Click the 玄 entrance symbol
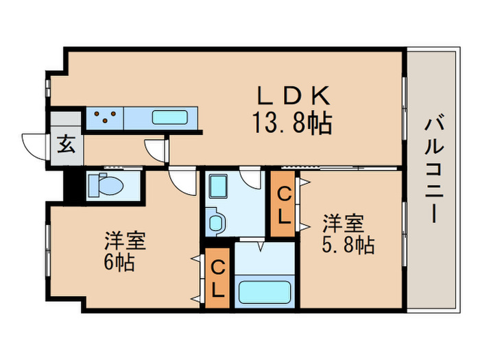(x=66, y=145)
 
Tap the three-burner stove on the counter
(x=105, y=117)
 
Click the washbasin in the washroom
(x=216, y=222)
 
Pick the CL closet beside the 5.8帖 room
(x=285, y=204)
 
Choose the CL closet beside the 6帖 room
(x=217, y=278)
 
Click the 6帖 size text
(x=119, y=263)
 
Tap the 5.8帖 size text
(x=348, y=245)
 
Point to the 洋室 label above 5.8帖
(x=343, y=224)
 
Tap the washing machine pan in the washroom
(x=220, y=187)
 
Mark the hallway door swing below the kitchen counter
(x=155, y=149)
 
